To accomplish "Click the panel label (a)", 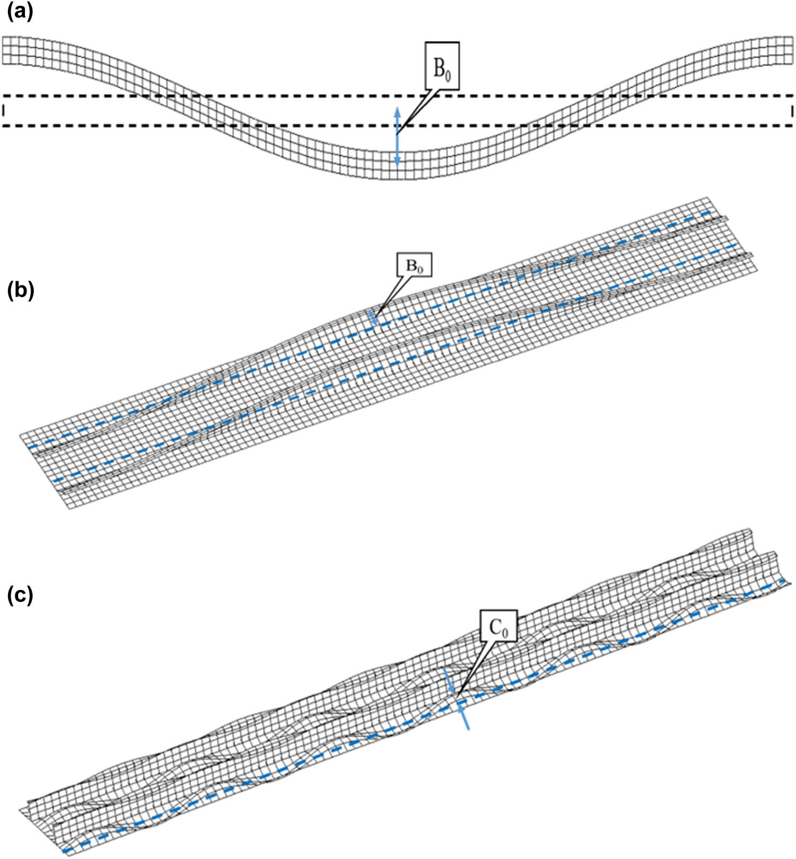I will (20, 12).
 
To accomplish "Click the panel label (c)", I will (20, 595).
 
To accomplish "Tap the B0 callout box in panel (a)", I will (442, 65).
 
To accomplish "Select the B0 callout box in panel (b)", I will (414, 266).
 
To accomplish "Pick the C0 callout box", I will (498, 628).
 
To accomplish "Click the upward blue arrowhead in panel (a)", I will (397, 110).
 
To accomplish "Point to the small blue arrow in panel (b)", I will (374, 318).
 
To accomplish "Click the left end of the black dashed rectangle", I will (3, 110).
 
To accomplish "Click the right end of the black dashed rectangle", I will (792, 110).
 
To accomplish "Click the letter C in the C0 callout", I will (495, 628).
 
